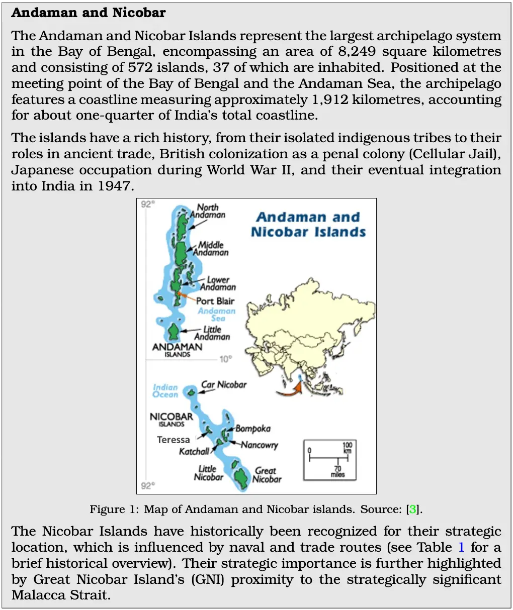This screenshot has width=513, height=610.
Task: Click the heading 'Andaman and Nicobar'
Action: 89,13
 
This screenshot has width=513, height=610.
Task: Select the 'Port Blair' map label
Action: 215,301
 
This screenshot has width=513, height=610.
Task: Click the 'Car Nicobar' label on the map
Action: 224,384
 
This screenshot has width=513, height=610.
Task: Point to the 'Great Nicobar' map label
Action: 267,475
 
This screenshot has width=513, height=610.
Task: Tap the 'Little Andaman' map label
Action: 212,333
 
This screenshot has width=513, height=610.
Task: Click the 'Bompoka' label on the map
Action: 253,429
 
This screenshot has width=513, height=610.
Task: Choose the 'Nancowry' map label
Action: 259,445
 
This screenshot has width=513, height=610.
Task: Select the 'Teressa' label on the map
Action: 173,440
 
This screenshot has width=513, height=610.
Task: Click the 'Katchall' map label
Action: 194,451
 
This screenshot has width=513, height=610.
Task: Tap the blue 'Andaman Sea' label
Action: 217,315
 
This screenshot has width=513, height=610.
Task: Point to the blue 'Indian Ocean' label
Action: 165,390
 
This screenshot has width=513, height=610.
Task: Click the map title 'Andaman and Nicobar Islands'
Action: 308,225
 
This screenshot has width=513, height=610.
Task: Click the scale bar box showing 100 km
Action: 329,460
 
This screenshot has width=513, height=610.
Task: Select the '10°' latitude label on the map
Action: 225,359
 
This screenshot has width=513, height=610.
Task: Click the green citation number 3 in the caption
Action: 413,509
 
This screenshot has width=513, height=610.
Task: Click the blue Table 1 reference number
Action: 461,547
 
